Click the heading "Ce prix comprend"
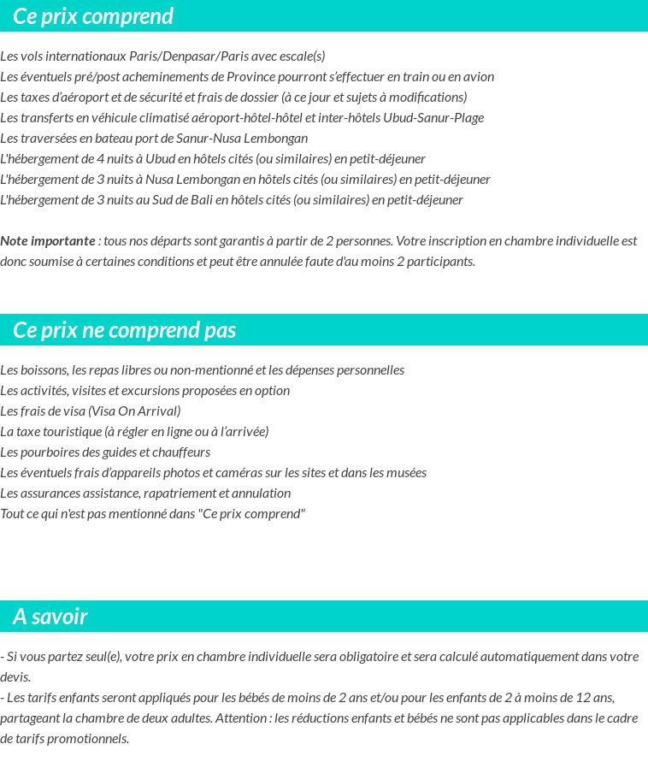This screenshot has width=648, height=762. coord(93,16)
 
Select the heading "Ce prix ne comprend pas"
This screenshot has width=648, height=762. coord(125,330)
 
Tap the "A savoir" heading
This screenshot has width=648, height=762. coord(50,617)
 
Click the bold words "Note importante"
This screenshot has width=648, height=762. coord(48,240)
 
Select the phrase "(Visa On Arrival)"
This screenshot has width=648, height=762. coord(134,411)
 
